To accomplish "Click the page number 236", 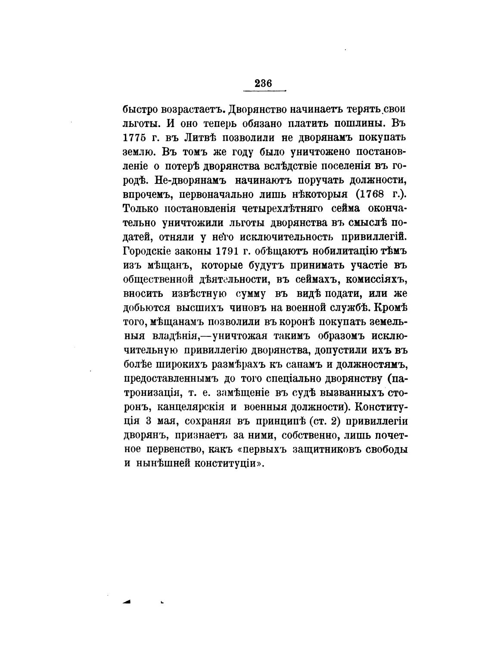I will (263, 83).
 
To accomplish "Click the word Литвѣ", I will (196, 138).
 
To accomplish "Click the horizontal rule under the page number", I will (264, 91).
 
